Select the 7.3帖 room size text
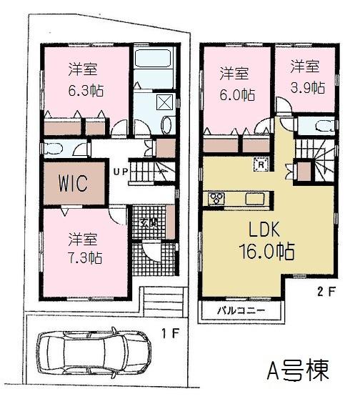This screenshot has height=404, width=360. (84, 257)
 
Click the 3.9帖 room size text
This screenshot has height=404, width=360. (307, 87)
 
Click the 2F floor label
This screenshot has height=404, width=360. (324, 291)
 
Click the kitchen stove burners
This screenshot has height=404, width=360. (216, 198)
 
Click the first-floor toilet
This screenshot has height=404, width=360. (54, 149)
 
